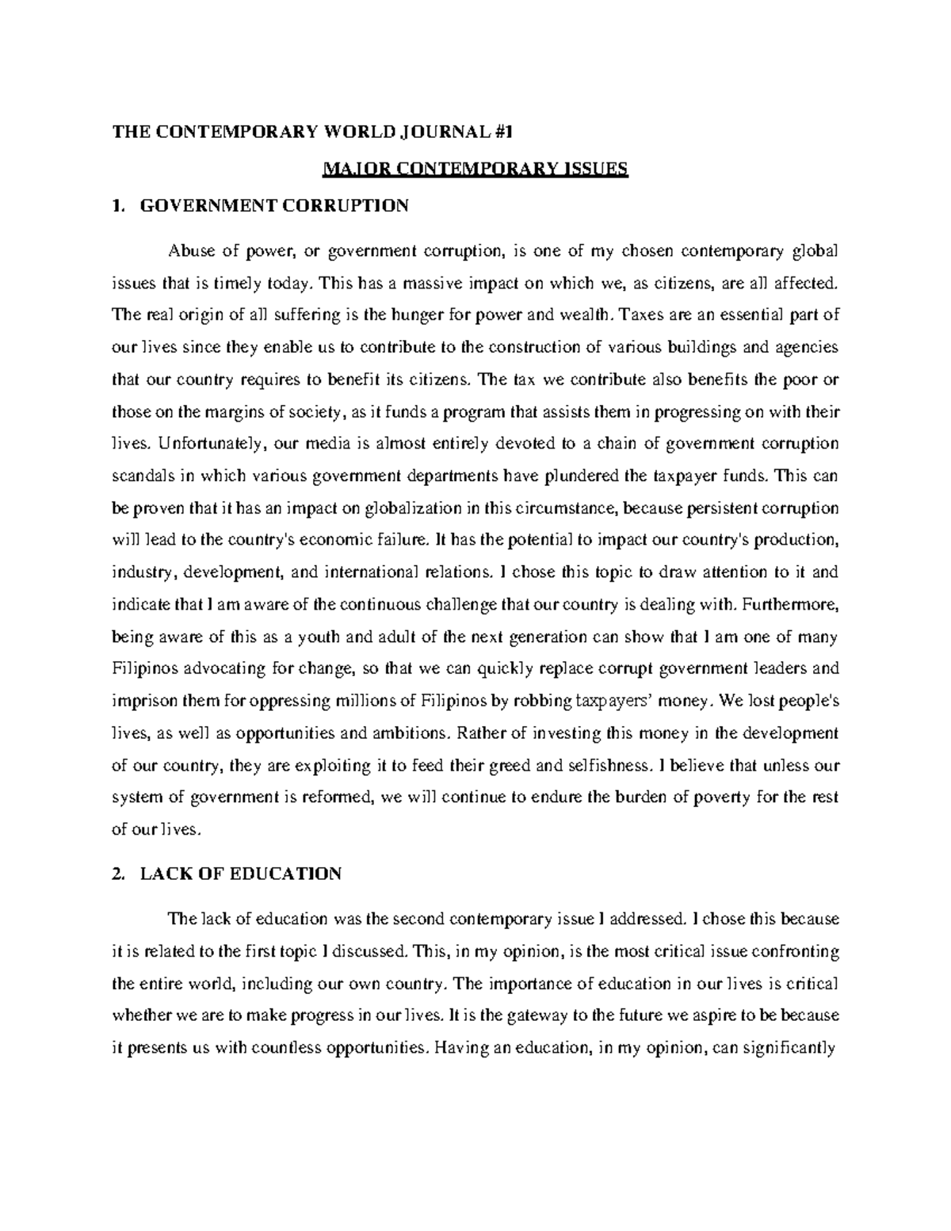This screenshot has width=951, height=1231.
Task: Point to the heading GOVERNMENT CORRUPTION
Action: tap(274, 206)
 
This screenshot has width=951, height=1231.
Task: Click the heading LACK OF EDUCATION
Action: tap(240, 874)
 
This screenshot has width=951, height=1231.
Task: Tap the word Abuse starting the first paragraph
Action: tap(189, 252)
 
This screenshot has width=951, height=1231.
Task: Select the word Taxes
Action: tap(640, 315)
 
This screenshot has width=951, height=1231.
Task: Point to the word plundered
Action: tap(582, 476)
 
